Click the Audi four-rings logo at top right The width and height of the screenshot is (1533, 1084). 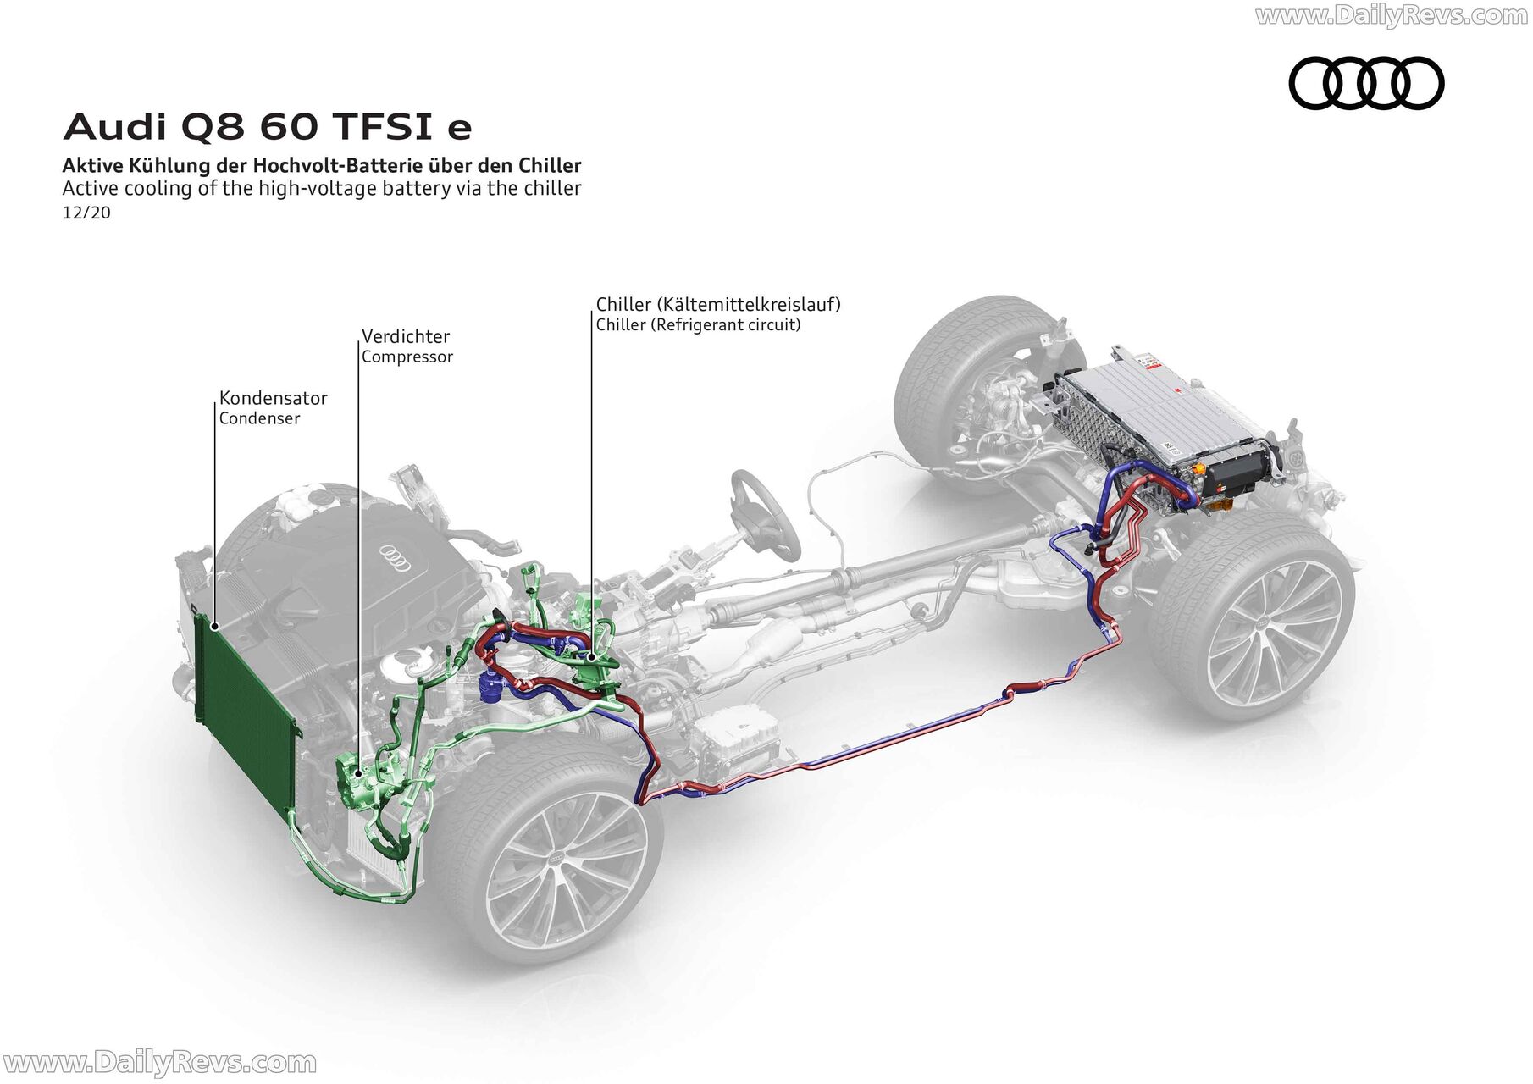coord(1366,83)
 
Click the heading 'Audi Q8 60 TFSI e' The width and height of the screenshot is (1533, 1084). coord(267,127)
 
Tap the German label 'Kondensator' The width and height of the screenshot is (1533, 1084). coord(273,398)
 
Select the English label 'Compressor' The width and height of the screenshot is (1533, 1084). coord(407,357)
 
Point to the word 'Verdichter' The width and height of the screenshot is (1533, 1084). coord(406,336)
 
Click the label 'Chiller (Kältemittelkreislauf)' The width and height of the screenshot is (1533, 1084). coord(718,304)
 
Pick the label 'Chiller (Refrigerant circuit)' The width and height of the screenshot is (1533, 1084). coord(698,325)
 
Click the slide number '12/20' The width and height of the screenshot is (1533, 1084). coord(86,213)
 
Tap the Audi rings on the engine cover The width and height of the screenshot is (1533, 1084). coord(396,555)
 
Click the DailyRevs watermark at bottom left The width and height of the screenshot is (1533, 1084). coord(159,1063)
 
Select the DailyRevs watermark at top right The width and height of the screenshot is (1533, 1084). coord(1392,15)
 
